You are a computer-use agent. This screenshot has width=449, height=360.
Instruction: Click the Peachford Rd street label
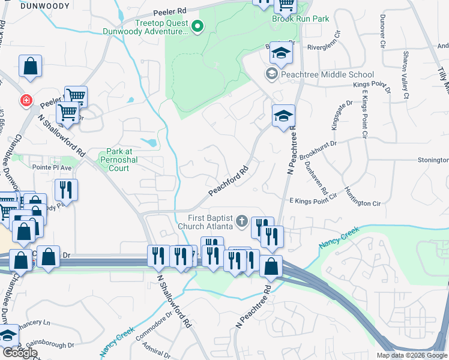click(229, 181)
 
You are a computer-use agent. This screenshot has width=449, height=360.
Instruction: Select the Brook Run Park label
click(300, 19)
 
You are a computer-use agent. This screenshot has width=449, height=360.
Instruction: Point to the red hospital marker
click(26, 100)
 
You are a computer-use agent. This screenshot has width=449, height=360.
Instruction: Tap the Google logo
click(19, 353)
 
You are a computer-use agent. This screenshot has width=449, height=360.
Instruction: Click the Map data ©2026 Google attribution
click(412, 355)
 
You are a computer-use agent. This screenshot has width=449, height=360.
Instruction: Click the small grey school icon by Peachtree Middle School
click(271, 74)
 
